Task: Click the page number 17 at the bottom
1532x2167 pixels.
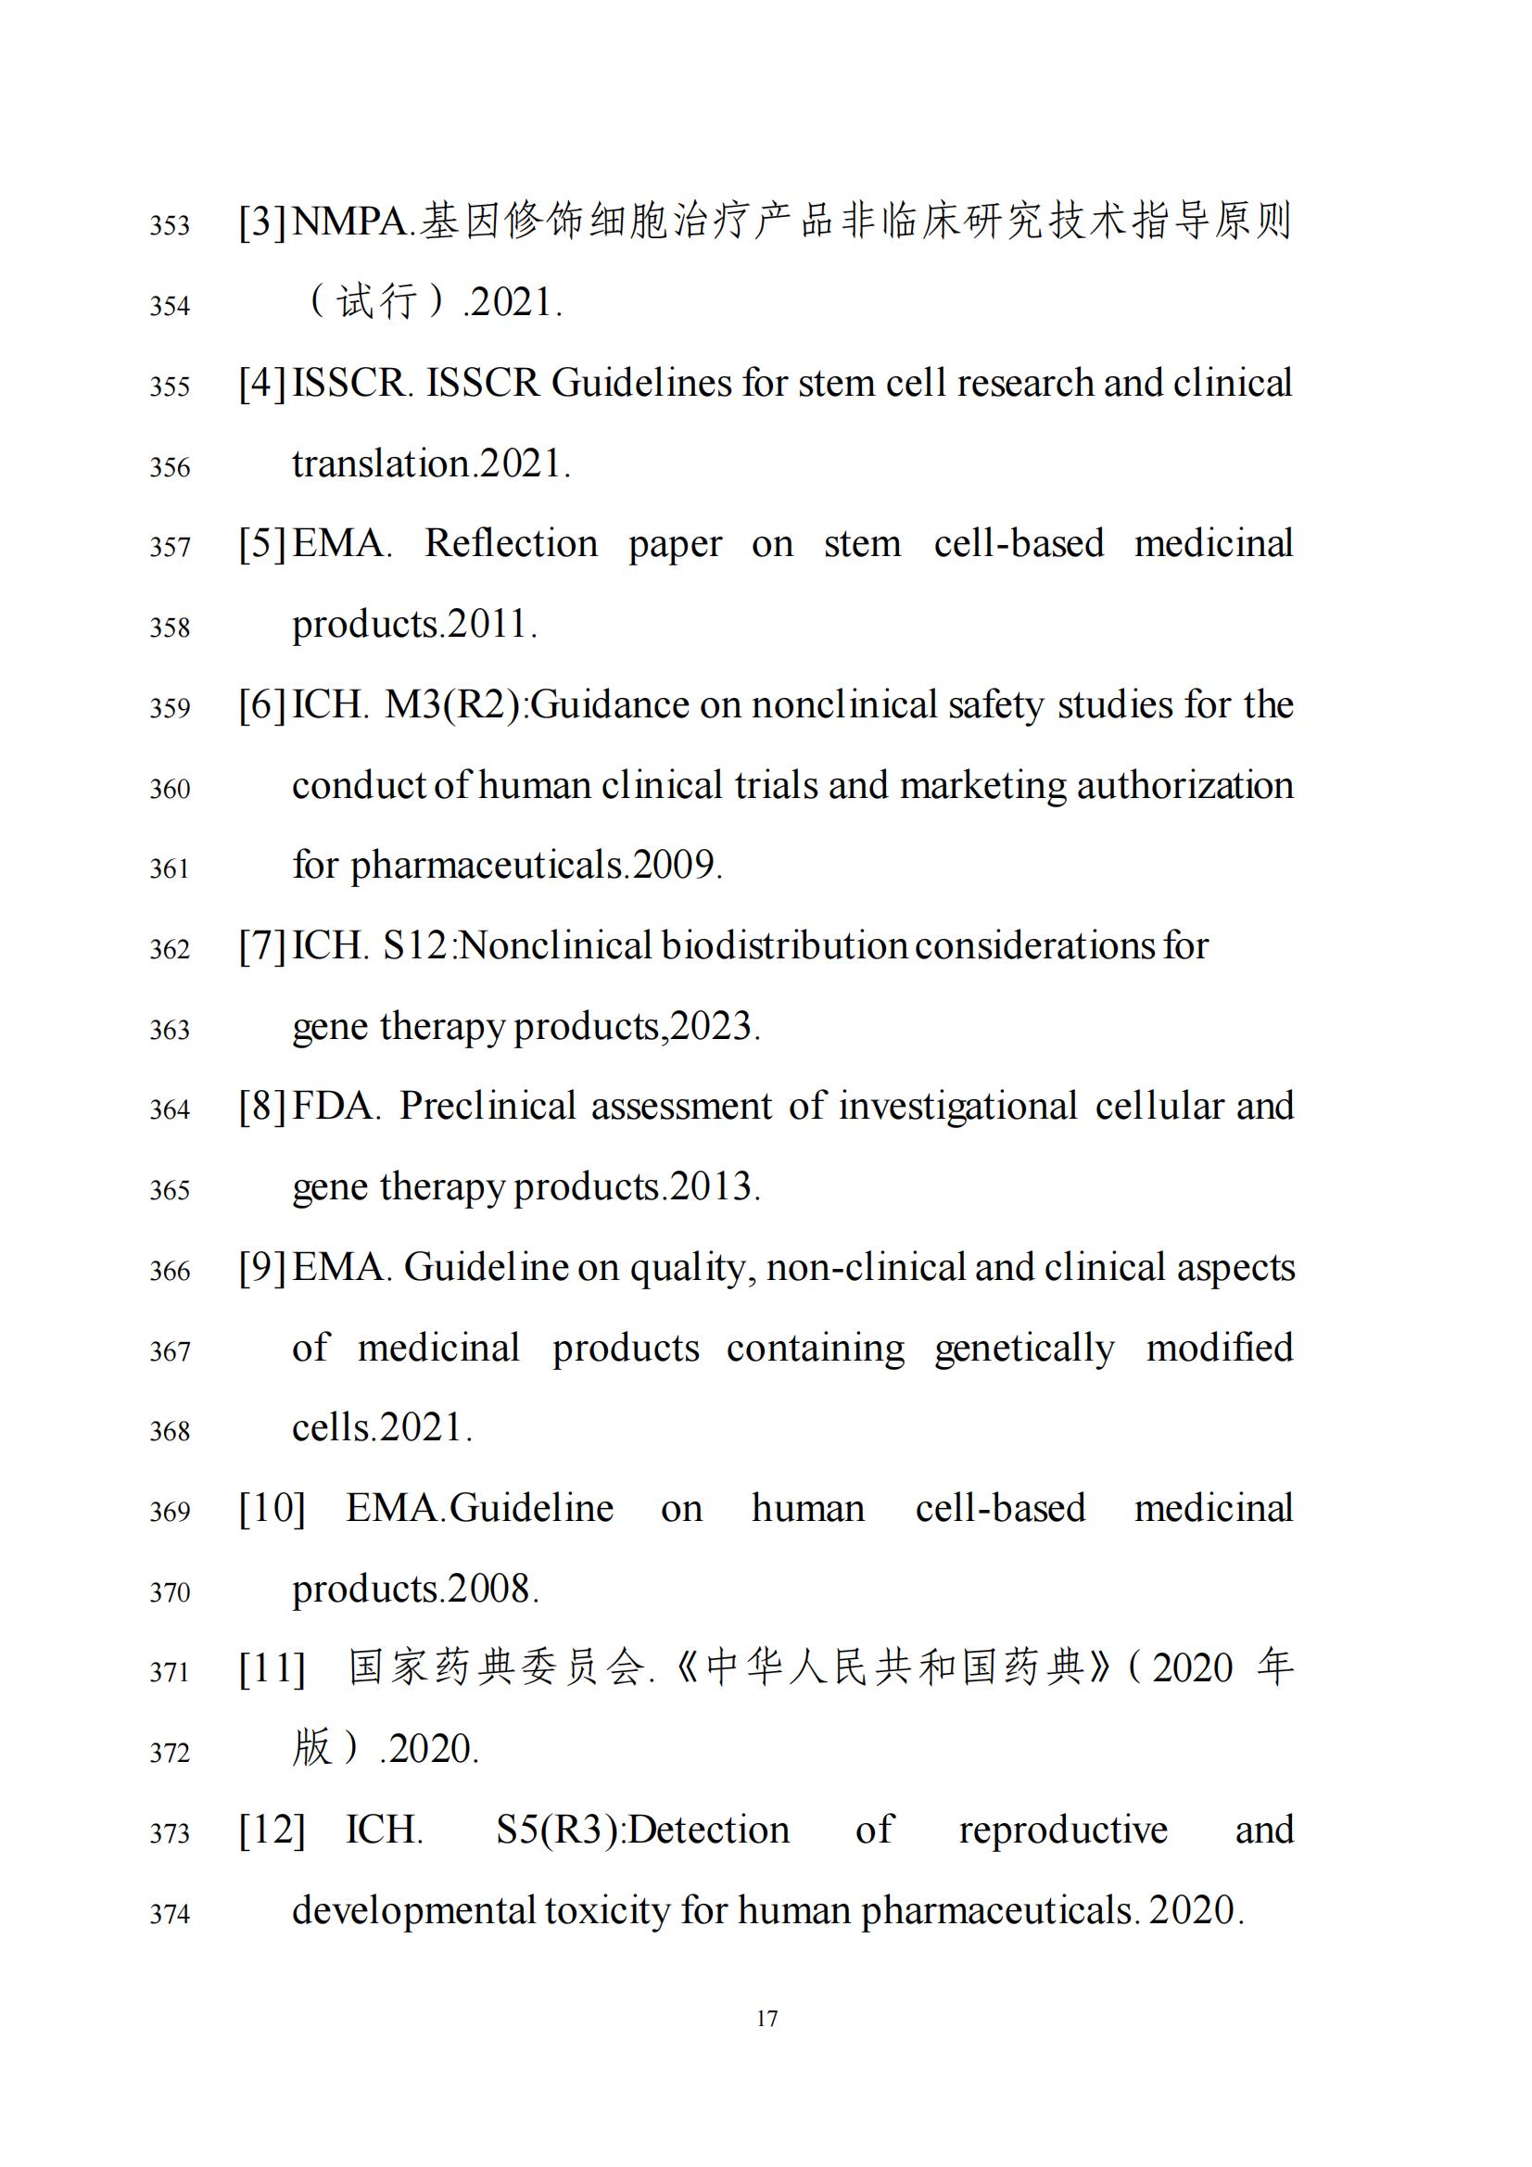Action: coord(766,2019)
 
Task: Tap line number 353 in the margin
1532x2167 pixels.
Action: coord(170,225)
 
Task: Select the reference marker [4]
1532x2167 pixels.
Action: coord(262,383)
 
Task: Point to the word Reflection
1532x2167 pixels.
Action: coord(511,544)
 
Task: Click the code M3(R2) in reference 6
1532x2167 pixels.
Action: coord(452,705)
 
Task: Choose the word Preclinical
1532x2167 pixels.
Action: coord(487,1106)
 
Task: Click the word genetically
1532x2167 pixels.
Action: coord(1024,1348)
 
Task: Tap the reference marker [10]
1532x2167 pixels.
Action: coord(272,1508)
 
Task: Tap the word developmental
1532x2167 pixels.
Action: coord(413,1910)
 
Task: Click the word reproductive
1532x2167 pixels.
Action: coord(1063,1830)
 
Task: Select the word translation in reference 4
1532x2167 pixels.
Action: coord(380,464)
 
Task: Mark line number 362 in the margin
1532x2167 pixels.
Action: coord(170,948)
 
